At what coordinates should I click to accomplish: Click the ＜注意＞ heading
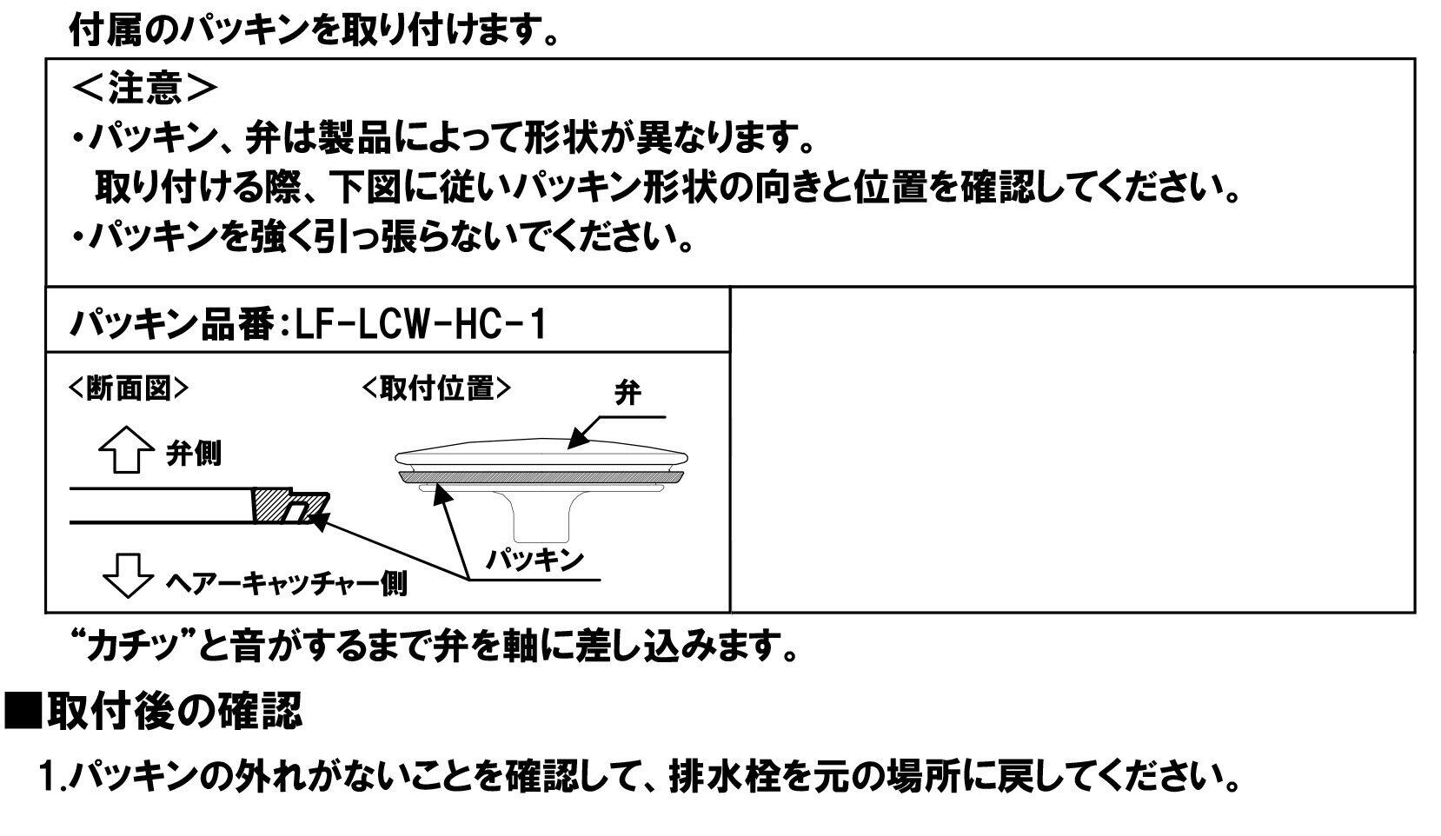coord(144,88)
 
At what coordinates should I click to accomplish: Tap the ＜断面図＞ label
coord(128,388)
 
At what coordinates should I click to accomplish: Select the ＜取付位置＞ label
coord(437,388)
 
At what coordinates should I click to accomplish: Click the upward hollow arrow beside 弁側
coord(126,449)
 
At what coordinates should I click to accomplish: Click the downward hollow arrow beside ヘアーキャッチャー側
coord(128,575)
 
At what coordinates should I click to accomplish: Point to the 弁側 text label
coord(194,454)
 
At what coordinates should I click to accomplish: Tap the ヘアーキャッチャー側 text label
coord(286,583)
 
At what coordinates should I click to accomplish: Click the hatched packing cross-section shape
coord(290,506)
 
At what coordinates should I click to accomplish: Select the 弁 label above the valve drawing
coord(628,392)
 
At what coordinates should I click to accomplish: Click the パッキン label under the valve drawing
coord(535,560)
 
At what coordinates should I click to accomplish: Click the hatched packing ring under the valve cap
coord(541,477)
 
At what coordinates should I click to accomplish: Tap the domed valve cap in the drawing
coord(541,454)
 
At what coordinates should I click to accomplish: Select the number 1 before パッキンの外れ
coord(47,777)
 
